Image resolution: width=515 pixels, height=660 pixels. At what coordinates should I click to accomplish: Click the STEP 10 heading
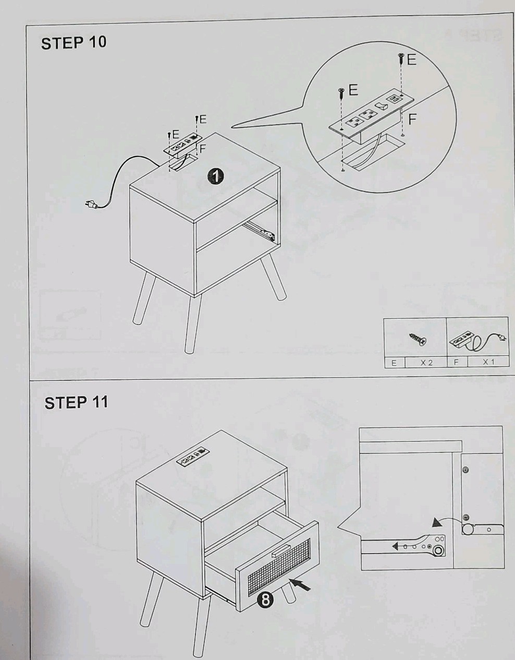click(x=74, y=43)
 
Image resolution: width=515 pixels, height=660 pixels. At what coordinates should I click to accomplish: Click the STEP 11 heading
click(x=76, y=403)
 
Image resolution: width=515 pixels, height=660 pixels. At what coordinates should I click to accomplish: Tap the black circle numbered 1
click(x=215, y=177)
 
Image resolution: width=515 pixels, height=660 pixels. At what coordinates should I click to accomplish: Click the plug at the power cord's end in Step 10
click(x=92, y=203)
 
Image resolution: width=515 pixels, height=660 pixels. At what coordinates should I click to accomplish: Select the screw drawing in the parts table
click(x=418, y=339)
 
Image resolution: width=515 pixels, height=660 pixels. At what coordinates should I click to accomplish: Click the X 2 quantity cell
click(x=426, y=362)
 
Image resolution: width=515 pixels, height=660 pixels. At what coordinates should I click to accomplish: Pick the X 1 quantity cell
click(x=488, y=362)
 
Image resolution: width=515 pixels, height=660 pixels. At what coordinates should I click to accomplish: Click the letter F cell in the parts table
click(x=457, y=362)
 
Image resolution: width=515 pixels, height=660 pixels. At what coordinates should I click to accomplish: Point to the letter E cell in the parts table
click(x=394, y=363)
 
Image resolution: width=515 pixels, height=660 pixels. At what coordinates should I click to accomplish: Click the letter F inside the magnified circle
click(x=412, y=119)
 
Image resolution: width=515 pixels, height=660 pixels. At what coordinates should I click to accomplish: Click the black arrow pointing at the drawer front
click(x=300, y=585)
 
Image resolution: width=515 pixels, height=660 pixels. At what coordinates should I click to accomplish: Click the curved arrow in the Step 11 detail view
click(x=447, y=520)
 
